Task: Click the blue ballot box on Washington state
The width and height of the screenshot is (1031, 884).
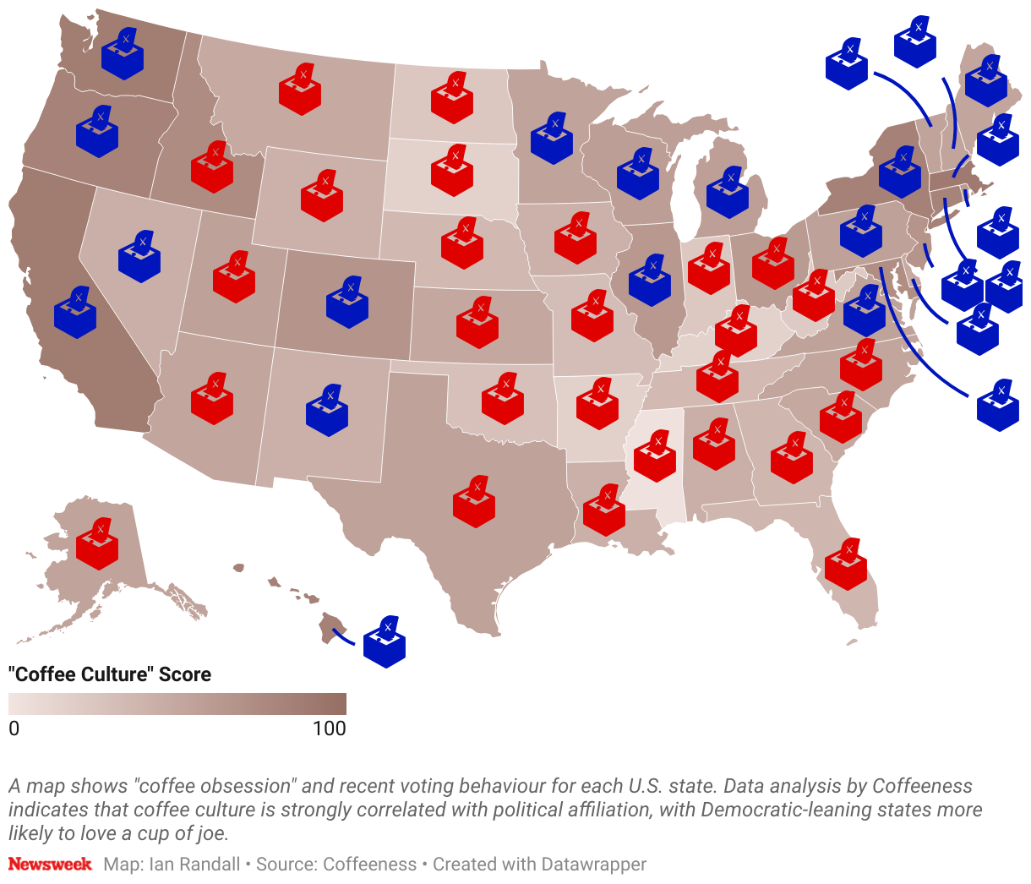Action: pyautogui.click(x=123, y=55)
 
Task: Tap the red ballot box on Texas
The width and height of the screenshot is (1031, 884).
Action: pyautogui.click(x=473, y=503)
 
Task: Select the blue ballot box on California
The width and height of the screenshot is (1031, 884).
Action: pyautogui.click(x=75, y=314)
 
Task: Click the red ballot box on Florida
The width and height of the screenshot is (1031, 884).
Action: pyautogui.click(x=845, y=565)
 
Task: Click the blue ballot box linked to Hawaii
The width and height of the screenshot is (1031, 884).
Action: pyautogui.click(x=385, y=643)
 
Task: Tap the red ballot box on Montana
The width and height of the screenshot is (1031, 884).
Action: pyautogui.click(x=300, y=90)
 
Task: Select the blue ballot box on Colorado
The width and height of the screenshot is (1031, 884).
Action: pyautogui.click(x=347, y=303)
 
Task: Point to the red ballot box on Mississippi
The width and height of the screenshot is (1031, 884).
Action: pyautogui.click(x=655, y=457)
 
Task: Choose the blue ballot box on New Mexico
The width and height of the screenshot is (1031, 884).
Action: pyautogui.click(x=327, y=412)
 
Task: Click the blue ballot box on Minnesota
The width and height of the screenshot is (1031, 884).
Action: pyautogui.click(x=552, y=139)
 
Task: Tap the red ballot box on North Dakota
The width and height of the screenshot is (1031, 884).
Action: pyautogui.click(x=452, y=99)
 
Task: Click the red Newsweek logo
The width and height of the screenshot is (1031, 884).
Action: pyautogui.click(x=50, y=865)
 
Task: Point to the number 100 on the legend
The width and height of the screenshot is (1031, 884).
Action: pyautogui.click(x=329, y=728)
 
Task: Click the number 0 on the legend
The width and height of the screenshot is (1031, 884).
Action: pyautogui.click(x=14, y=728)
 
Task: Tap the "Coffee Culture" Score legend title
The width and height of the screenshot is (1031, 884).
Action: pyautogui.click(x=110, y=674)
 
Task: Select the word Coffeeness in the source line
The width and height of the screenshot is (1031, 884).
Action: pyautogui.click(x=369, y=865)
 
